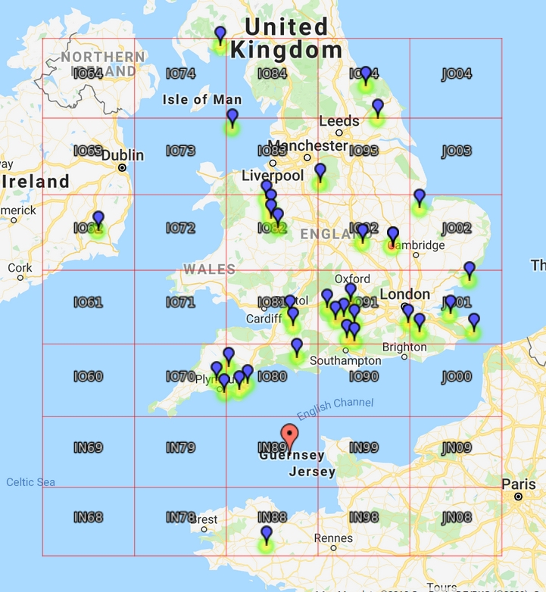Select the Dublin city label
(x=122, y=155)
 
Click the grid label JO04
(x=456, y=73)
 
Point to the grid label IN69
(x=88, y=447)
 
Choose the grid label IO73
(x=180, y=151)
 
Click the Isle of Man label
(x=202, y=99)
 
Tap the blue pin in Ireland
(x=98, y=221)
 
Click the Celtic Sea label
(x=30, y=482)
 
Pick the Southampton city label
(x=345, y=360)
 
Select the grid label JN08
(x=456, y=518)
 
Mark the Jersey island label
(x=312, y=472)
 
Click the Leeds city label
(x=339, y=121)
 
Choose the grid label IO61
(x=88, y=302)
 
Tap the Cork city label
(x=20, y=267)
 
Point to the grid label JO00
(x=456, y=376)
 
